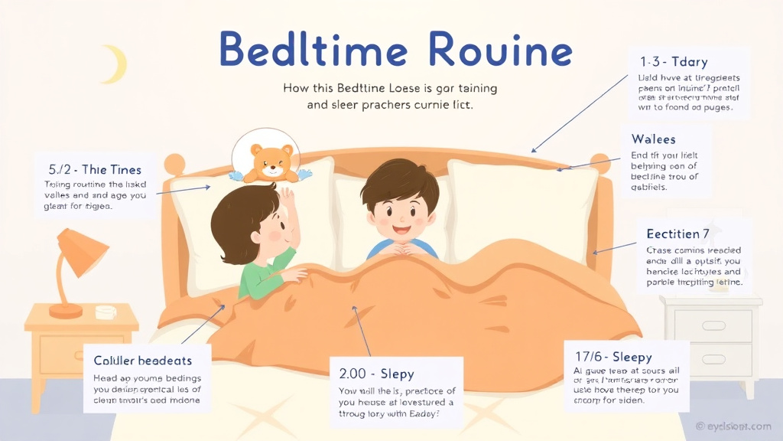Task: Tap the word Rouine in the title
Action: [501, 51]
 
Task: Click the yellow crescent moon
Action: [113, 64]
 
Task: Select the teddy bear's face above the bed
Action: [273, 158]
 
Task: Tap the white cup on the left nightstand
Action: [106, 312]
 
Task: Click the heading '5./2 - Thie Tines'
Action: [94, 169]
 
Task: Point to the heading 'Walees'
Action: [653, 139]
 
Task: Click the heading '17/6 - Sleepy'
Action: [613, 357]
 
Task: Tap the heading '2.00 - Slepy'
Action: [376, 374]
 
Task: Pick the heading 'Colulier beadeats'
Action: [142, 360]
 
